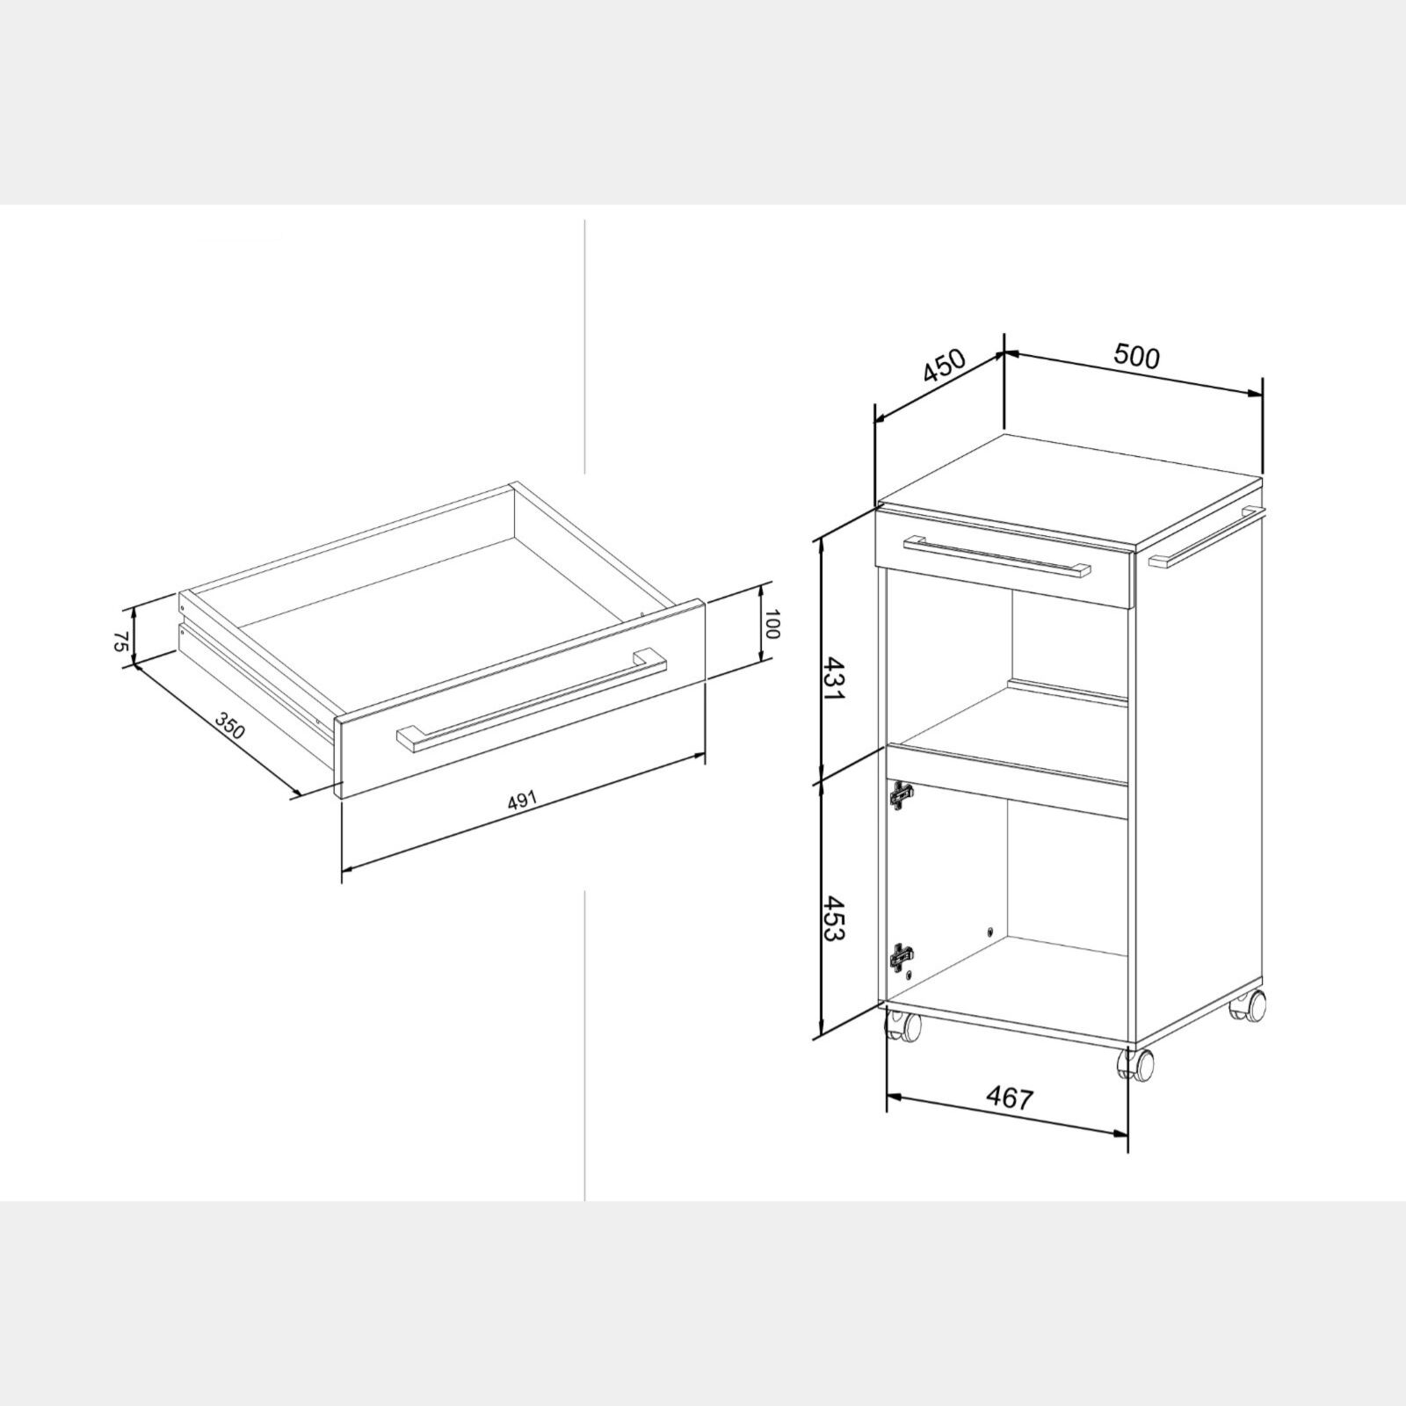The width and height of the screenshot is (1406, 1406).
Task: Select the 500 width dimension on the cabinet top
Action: [1137, 357]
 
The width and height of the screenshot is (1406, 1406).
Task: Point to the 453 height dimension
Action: [833, 918]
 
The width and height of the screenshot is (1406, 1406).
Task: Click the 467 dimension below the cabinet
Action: [1010, 1098]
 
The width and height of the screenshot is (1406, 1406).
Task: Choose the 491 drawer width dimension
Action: [521, 801]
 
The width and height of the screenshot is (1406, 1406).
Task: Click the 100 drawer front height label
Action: [772, 623]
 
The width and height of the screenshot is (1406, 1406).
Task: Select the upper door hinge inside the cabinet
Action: [900, 795]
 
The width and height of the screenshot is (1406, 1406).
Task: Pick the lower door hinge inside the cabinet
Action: [902, 955]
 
